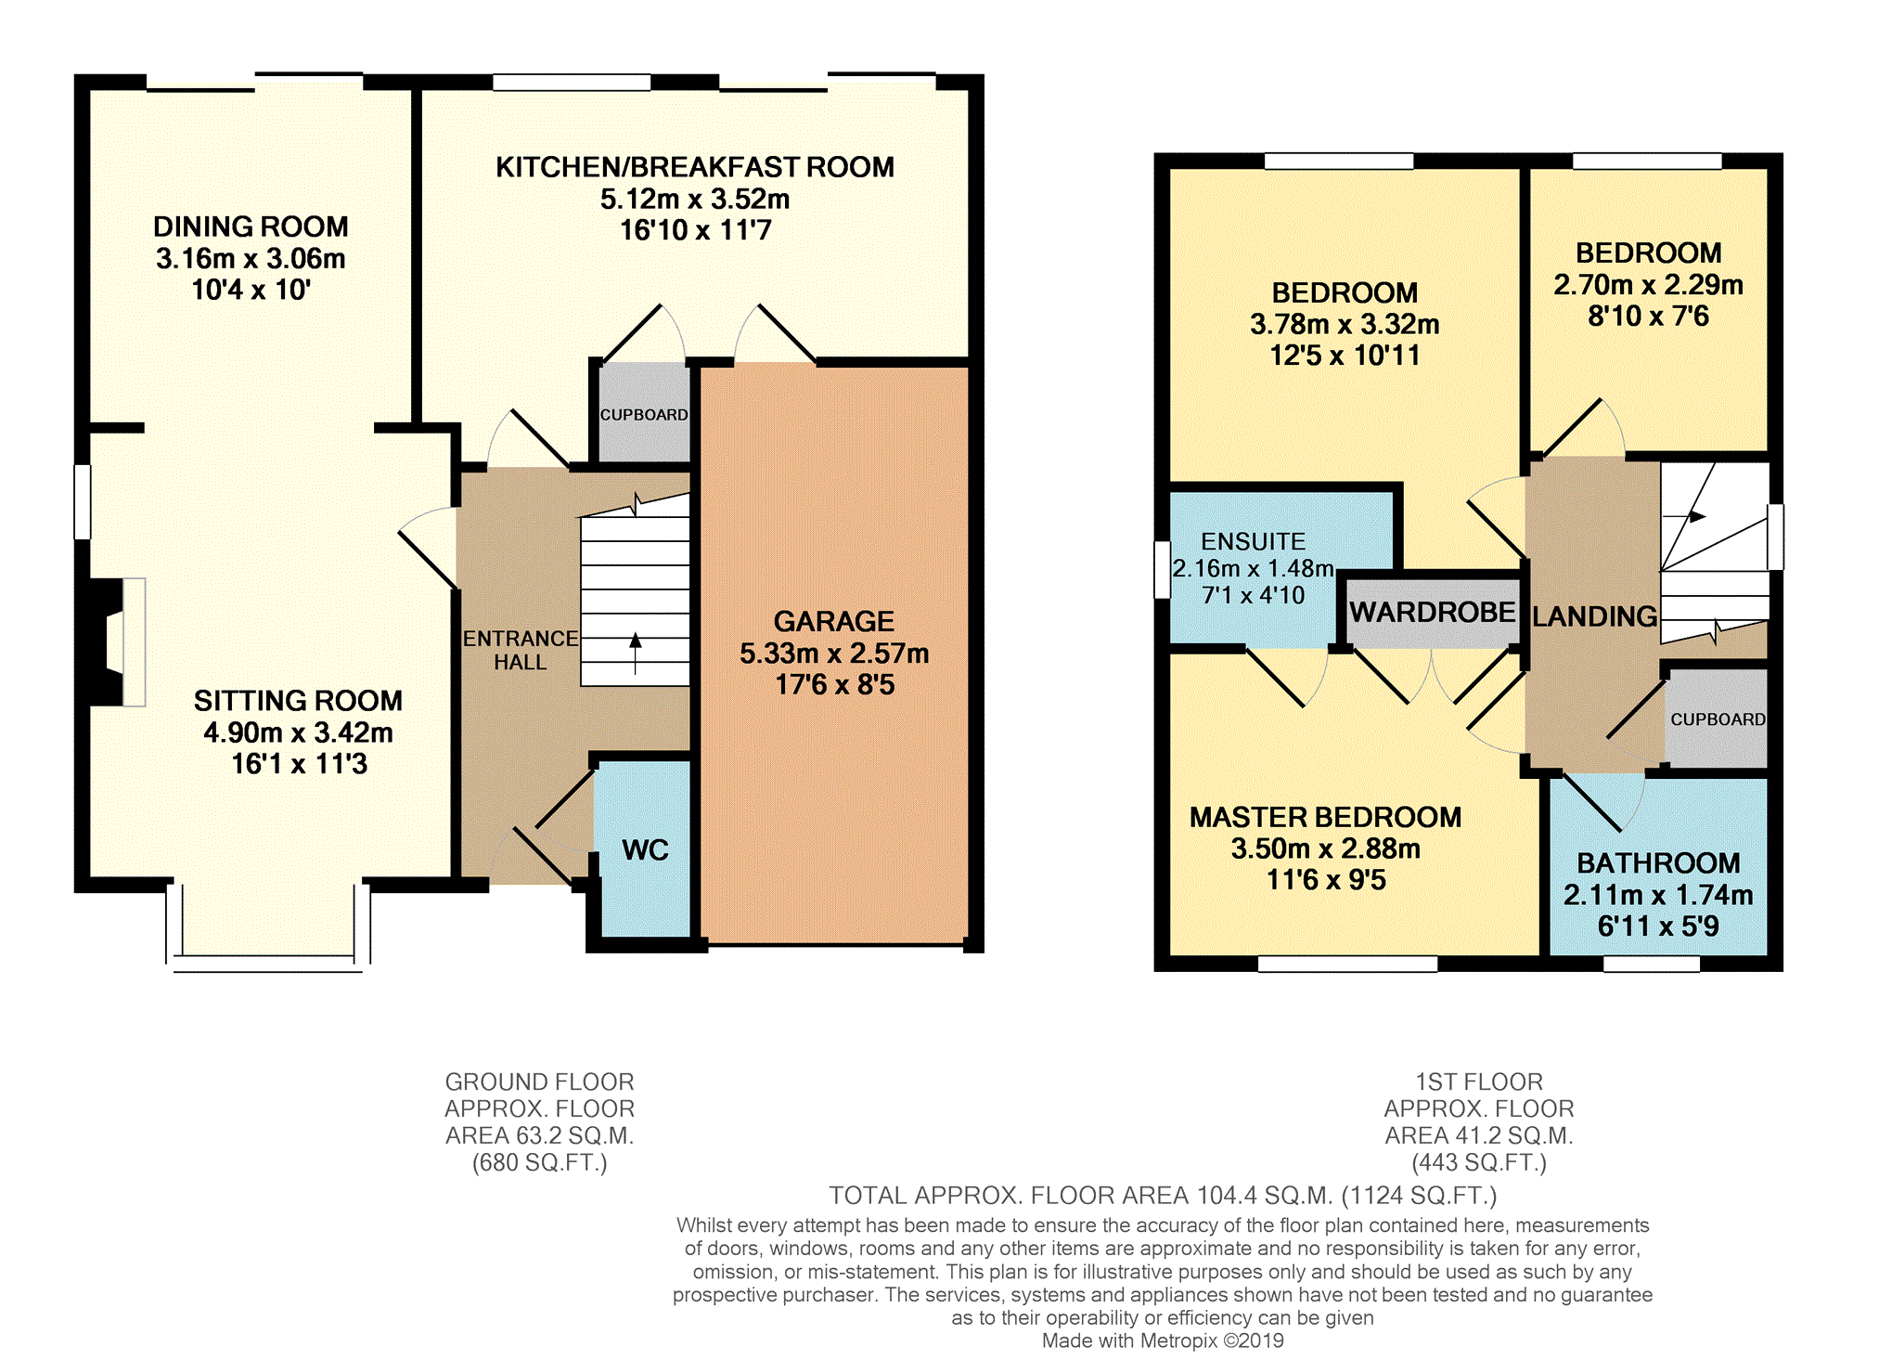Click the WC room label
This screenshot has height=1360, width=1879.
point(645,849)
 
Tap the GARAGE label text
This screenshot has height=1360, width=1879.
point(834,621)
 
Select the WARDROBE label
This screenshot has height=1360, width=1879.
point(1432,612)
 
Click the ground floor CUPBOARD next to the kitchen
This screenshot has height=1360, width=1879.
point(644,414)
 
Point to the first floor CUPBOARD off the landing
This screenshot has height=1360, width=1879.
point(1718,719)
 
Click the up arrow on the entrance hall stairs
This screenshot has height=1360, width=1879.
point(636,653)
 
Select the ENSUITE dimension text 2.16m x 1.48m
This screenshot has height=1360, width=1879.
point(1254,568)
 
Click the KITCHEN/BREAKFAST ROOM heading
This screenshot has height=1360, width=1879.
point(695,167)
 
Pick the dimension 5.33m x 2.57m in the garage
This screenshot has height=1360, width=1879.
point(834,654)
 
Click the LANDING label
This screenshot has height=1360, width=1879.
point(1594,616)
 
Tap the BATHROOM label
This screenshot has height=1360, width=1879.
point(1658,862)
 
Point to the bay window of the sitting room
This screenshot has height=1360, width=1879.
point(267,928)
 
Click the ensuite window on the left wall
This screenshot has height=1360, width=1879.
point(1162,569)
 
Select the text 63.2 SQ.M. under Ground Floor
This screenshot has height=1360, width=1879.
point(540,1135)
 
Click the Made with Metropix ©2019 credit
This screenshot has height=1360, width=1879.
point(1163,1341)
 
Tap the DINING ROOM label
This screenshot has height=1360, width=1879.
point(251,227)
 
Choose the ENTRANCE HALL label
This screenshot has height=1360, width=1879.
point(520,650)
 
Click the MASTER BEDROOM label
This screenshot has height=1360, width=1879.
point(1325,817)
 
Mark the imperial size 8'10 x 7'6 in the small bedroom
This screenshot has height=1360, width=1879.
point(1648,316)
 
